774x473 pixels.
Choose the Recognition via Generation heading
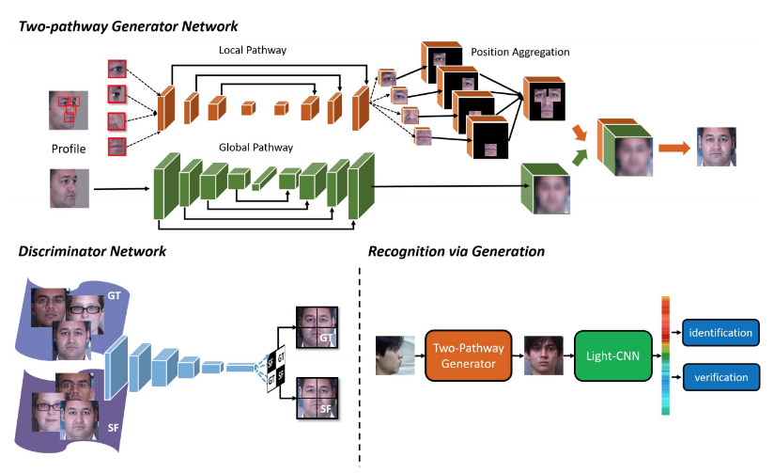click(x=457, y=252)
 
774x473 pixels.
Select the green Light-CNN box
click(x=608, y=355)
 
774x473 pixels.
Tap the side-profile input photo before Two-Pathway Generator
click(x=395, y=355)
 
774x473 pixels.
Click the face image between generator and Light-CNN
click(x=543, y=355)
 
